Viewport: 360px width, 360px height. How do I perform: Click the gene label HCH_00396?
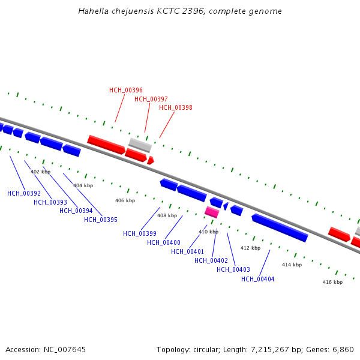[x=126, y=90]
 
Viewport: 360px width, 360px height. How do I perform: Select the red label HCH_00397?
[x=151, y=99]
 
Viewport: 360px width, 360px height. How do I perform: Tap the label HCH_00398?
[x=176, y=107]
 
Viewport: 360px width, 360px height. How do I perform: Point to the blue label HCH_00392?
[x=24, y=193]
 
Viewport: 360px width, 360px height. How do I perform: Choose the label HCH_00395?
[x=101, y=220]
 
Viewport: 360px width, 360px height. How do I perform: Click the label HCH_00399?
[x=140, y=233]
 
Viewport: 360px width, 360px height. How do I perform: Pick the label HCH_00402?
[x=211, y=260]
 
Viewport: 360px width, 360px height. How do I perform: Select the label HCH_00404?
[x=258, y=279]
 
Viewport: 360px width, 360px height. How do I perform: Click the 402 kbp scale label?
[x=41, y=172]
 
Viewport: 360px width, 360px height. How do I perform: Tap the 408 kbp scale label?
[x=167, y=215]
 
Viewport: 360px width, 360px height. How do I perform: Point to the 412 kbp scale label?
[x=250, y=248]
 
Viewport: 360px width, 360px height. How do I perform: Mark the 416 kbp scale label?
[x=332, y=282]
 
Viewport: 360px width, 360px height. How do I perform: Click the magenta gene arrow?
[x=212, y=212]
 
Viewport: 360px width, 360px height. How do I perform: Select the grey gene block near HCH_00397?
[x=140, y=145]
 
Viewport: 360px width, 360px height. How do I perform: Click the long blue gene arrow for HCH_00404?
[x=280, y=228]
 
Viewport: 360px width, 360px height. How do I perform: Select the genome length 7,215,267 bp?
[x=266, y=349]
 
